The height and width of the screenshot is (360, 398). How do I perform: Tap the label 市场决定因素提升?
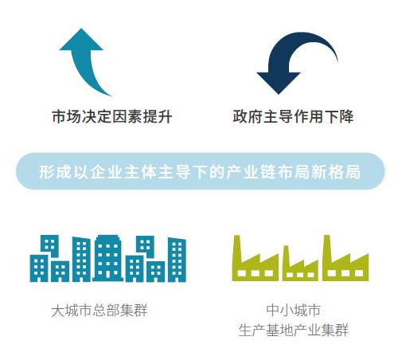(111, 116)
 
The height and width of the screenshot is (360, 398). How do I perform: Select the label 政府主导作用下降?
(293, 116)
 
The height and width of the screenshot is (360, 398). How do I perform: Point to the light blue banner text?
(200, 172)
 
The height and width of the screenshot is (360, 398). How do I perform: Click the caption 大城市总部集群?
(99, 310)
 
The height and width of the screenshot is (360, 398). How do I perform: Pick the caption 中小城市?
(294, 310)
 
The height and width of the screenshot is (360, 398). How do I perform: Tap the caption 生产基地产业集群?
(294, 330)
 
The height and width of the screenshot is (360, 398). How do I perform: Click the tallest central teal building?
(107, 258)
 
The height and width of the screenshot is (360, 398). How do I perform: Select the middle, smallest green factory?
(300, 265)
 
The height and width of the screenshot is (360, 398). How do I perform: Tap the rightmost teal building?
(177, 260)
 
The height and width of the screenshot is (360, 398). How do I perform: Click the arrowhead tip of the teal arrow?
(81, 29)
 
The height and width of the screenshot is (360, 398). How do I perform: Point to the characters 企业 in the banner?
(107, 172)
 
